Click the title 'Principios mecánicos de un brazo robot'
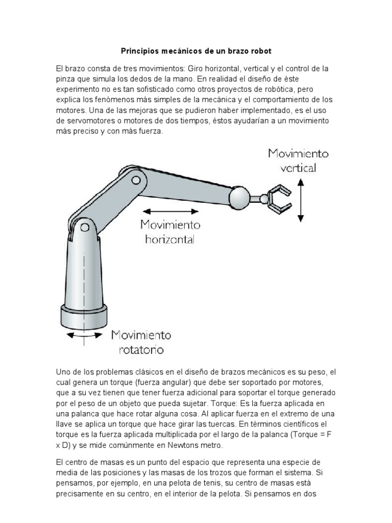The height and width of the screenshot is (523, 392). click(196, 51)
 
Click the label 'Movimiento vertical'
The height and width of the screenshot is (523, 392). click(299, 160)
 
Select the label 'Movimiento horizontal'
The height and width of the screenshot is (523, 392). click(170, 231)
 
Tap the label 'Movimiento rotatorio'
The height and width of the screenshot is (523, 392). click(141, 343)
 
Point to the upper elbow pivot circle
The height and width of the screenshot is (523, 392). click(135, 180)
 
